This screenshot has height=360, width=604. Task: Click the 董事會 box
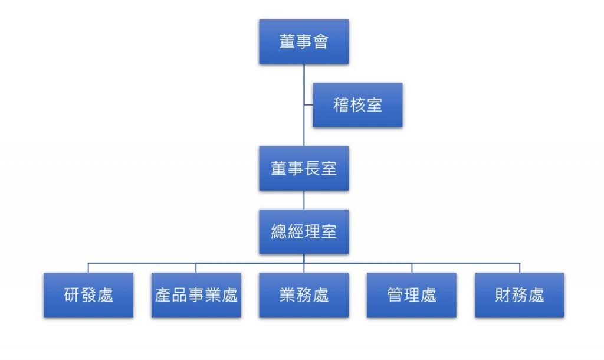click(304, 42)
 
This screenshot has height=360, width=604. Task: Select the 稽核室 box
click(357, 105)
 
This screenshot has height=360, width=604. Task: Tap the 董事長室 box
click(304, 168)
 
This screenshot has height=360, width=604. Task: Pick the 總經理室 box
click(304, 231)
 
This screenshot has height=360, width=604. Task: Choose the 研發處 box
click(88, 294)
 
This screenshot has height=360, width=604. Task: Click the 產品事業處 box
click(196, 294)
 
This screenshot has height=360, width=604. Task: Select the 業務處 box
click(304, 294)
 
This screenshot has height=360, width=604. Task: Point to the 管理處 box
click(412, 294)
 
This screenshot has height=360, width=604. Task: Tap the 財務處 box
click(520, 294)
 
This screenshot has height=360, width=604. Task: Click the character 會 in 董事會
click(320, 42)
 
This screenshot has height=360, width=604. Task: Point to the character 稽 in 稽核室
click(341, 105)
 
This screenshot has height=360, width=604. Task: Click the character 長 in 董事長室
click(312, 168)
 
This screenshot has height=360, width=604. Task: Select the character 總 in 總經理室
click(279, 231)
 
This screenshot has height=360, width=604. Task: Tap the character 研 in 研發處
click(72, 294)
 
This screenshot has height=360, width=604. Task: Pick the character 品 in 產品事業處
click(179, 294)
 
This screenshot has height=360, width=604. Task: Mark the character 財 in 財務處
click(503, 294)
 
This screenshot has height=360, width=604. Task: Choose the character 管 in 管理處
click(395, 294)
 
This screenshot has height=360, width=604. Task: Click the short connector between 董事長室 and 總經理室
click(304, 200)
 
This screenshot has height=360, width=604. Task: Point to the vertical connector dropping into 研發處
click(88, 267)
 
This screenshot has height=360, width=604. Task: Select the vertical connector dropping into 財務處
click(520, 267)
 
